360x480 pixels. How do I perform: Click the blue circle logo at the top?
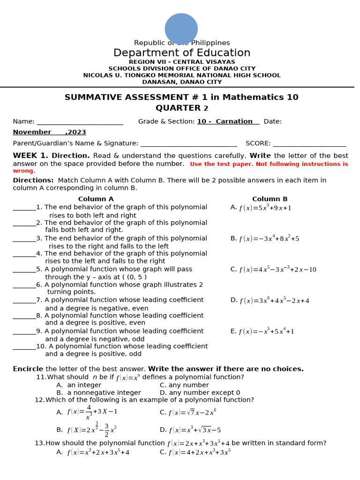pyautogui.click(x=181, y=29)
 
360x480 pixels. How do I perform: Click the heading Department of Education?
pyautogui.click(x=182, y=53)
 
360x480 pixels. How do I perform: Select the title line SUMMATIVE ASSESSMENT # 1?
pyautogui.click(x=181, y=97)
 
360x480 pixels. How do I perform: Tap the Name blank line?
pyautogui.click(x=80, y=122)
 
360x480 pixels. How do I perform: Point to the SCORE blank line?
pyautogui.click(x=309, y=143)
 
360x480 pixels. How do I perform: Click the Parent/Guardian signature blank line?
pyautogui.click(x=188, y=143)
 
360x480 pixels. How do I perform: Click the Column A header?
pyautogui.click(x=96, y=199)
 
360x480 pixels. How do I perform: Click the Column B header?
pyautogui.click(x=270, y=199)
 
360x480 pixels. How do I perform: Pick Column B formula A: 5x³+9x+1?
pyautogui.click(x=265, y=208)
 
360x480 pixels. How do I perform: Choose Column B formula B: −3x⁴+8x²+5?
pyautogui.click(x=269, y=239)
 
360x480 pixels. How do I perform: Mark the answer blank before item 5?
pyautogui.click(x=24, y=270)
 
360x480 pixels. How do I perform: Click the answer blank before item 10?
pyautogui.click(x=24, y=347)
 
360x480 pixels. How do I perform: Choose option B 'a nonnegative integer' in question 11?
pyautogui.click(x=104, y=393)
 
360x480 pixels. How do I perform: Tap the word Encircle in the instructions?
pyautogui.click(x=28, y=369)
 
